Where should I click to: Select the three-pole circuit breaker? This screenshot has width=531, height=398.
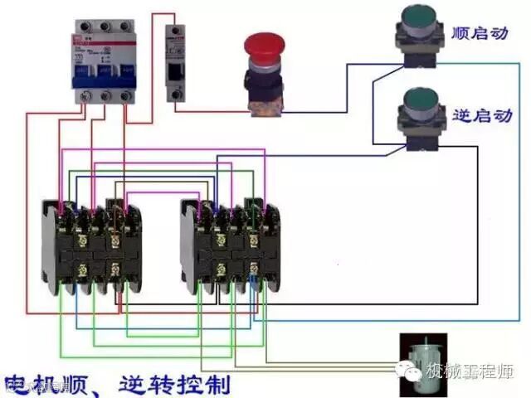(103, 60)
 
